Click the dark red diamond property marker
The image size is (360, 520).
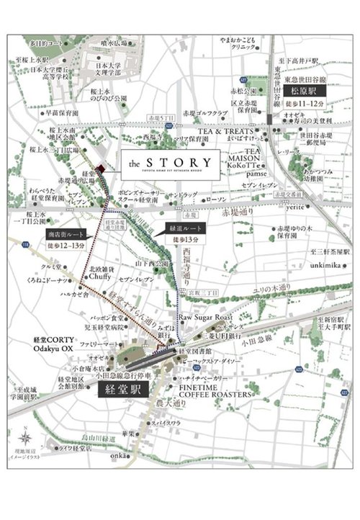tap(102, 169)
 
